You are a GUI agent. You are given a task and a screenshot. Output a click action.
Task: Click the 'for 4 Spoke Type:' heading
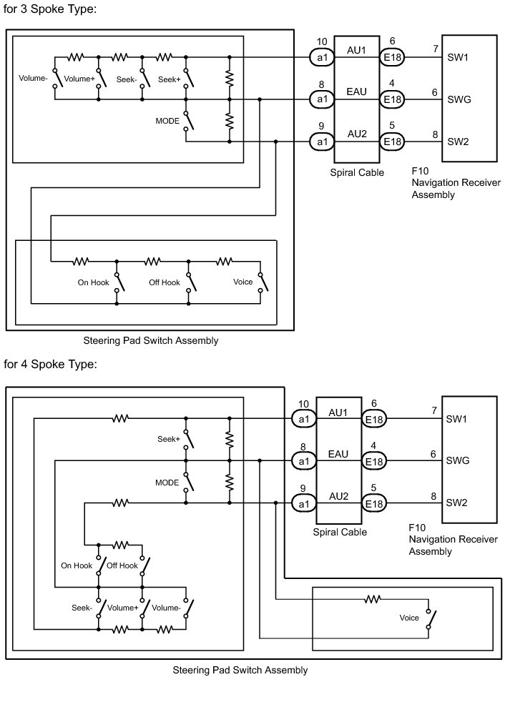(x=50, y=364)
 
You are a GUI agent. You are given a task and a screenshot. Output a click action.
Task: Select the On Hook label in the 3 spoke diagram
(x=94, y=282)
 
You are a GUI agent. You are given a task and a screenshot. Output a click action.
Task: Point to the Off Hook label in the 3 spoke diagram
(x=165, y=282)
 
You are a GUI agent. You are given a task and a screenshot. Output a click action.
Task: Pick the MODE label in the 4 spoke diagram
(x=167, y=483)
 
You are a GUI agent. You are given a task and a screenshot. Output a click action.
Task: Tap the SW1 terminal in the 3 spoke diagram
(x=458, y=56)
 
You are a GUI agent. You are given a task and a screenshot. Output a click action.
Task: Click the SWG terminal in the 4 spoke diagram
(x=458, y=460)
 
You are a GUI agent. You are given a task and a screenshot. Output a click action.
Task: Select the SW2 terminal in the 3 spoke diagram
(x=458, y=142)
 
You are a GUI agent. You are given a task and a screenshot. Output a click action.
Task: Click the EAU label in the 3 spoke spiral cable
(x=356, y=92)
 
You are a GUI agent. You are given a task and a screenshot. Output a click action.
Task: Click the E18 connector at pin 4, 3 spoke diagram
(x=392, y=99)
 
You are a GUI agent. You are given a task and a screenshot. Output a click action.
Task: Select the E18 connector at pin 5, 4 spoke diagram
(x=373, y=504)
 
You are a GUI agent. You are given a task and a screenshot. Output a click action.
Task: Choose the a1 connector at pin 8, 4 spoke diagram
(x=303, y=461)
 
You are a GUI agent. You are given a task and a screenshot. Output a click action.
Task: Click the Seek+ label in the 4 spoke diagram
(x=168, y=439)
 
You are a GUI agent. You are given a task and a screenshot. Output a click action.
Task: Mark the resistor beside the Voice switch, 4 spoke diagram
(x=372, y=599)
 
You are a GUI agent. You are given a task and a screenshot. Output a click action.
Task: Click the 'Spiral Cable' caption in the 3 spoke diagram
(x=357, y=172)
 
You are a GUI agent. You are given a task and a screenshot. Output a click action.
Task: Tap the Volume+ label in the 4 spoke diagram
(x=122, y=608)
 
